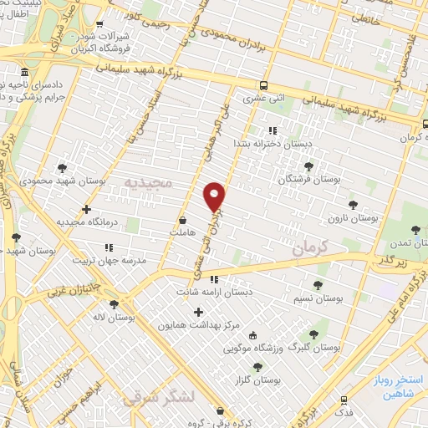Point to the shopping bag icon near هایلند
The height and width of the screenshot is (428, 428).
(182, 221)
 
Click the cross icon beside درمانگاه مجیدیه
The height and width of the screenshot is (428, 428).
(87, 209)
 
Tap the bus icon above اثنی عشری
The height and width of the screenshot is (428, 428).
(264, 85)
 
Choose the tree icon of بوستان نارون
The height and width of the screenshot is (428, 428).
(353, 204)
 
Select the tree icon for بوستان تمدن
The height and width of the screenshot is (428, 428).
(416, 230)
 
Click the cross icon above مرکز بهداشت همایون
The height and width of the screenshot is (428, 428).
(198, 312)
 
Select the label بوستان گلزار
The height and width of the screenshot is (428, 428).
(257, 380)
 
